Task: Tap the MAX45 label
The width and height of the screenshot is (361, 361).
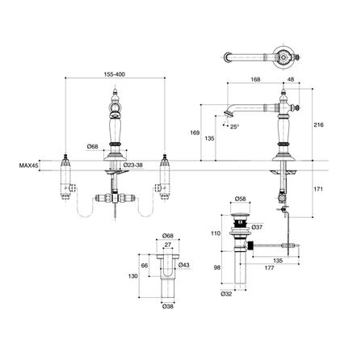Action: [29, 167]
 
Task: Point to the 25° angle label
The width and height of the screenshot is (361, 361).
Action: [234, 127]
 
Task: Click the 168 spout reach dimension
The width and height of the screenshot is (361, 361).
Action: [254, 78]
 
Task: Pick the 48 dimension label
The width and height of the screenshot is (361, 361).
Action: [292, 78]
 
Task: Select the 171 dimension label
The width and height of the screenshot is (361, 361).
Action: [319, 187]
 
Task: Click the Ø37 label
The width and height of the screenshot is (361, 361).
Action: [257, 227]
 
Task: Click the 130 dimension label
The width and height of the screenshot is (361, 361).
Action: [135, 274]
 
